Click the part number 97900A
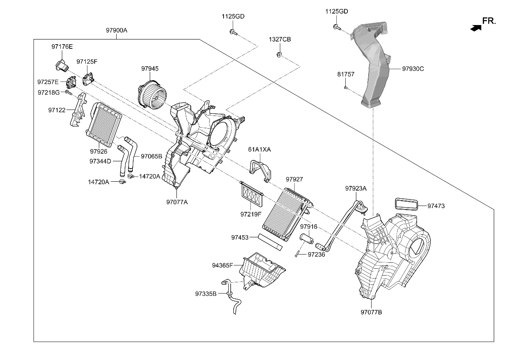(x=117, y=31)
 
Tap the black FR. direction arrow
(x=476, y=28)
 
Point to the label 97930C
(x=413, y=68)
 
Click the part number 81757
(x=346, y=74)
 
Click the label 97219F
(x=251, y=214)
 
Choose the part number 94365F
(x=223, y=265)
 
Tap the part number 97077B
(x=371, y=312)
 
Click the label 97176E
(x=62, y=46)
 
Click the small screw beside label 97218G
(x=68, y=92)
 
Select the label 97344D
(x=100, y=161)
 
